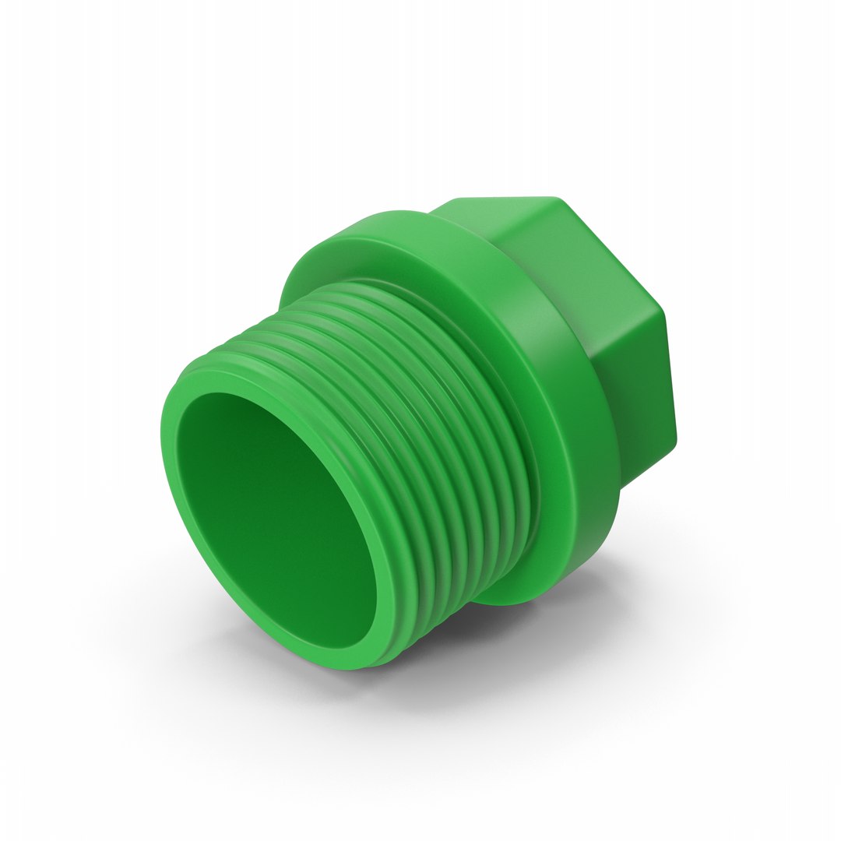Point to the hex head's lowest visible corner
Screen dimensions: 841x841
tap(623, 487)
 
